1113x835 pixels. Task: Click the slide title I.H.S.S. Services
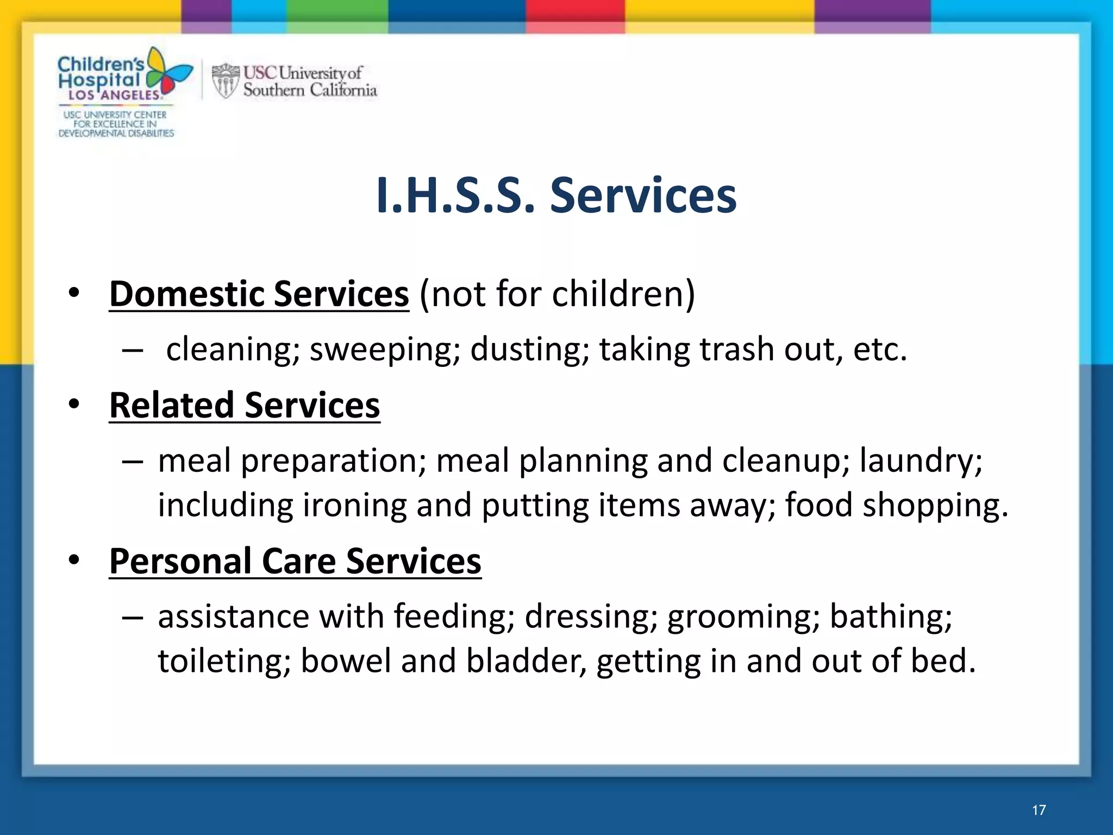[x=556, y=196]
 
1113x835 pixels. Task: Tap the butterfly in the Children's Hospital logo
[x=168, y=73]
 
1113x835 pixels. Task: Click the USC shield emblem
[x=225, y=81]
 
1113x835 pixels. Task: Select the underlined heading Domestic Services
[x=259, y=294]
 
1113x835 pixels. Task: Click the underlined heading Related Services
[x=245, y=406]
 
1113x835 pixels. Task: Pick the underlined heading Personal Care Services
[x=295, y=562]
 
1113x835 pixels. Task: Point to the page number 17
[x=1039, y=810]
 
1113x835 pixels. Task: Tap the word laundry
[x=921, y=461]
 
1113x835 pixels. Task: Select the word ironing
[x=354, y=506]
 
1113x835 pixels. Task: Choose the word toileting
[x=224, y=662]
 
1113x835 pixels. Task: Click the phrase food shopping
[x=897, y=506]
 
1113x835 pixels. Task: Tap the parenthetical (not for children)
[x=557, y=294]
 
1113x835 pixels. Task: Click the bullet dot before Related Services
[x=74, y=404]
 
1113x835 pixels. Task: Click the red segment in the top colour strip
[x=574, y=16]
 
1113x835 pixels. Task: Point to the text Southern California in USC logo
[x=310, y=90]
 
